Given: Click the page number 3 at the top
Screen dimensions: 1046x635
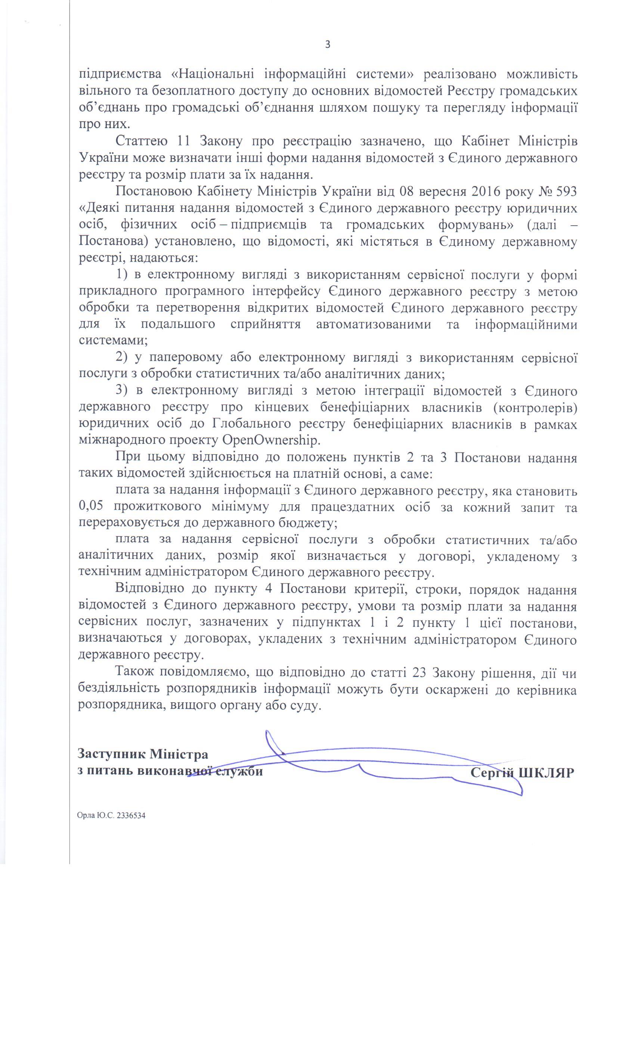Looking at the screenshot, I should coord(327,44).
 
